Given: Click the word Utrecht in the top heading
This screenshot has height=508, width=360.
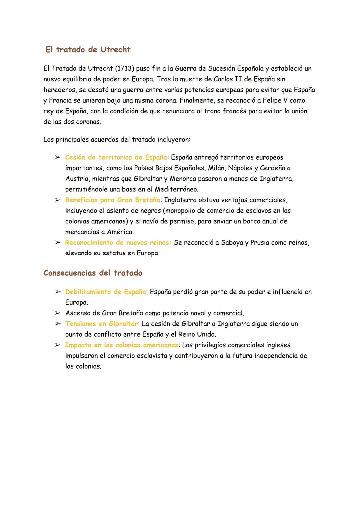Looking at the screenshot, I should (115, 50).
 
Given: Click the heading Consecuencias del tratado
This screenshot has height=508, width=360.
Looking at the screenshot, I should (93, 273).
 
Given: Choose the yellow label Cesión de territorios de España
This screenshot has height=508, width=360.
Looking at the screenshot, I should (116, 157).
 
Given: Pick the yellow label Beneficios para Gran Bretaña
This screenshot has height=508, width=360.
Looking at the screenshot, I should (112, 200).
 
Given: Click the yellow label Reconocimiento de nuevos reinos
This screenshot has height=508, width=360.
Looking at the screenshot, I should (118, 243).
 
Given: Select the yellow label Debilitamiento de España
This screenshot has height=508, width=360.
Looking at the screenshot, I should (105, 292).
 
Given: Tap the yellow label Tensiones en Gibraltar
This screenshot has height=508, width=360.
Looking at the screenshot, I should (101, 324).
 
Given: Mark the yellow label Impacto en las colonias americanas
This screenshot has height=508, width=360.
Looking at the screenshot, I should (122, 345).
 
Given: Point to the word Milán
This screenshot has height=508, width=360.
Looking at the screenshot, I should (216, 168).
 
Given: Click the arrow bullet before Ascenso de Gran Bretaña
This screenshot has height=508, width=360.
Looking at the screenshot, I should (57, 313).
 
